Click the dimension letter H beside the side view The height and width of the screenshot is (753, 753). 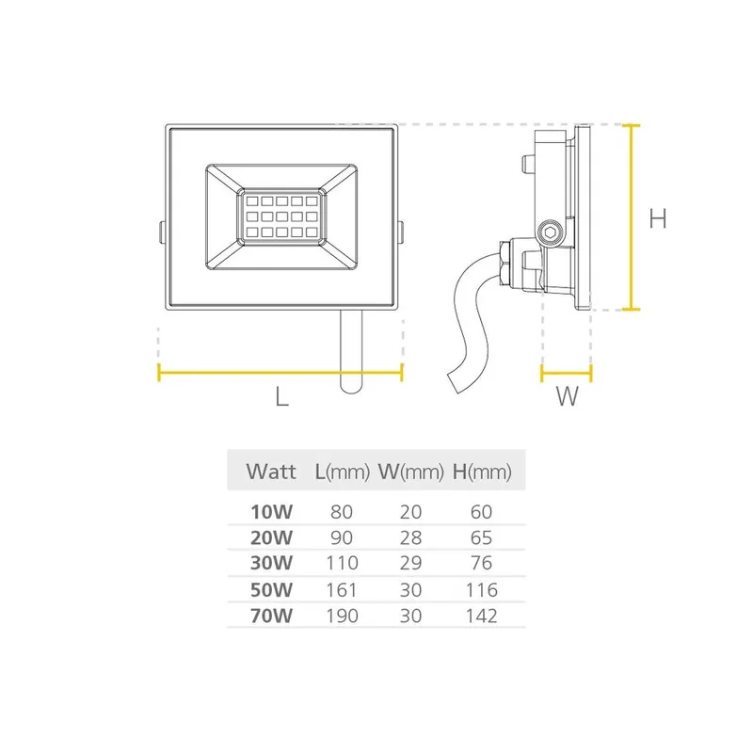[657, 218]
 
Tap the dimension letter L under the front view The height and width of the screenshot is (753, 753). [281, 396]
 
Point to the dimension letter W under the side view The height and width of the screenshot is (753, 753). [568, 396]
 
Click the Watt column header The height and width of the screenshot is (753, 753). [271, 472]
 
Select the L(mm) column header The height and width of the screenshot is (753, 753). [343, 473]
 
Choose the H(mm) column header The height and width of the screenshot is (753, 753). [482, 473]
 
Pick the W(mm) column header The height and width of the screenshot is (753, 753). [411, 473]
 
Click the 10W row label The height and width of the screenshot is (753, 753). [271, 512]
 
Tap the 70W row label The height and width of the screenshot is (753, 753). [271, 616]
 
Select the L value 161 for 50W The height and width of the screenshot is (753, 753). [342, 590]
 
